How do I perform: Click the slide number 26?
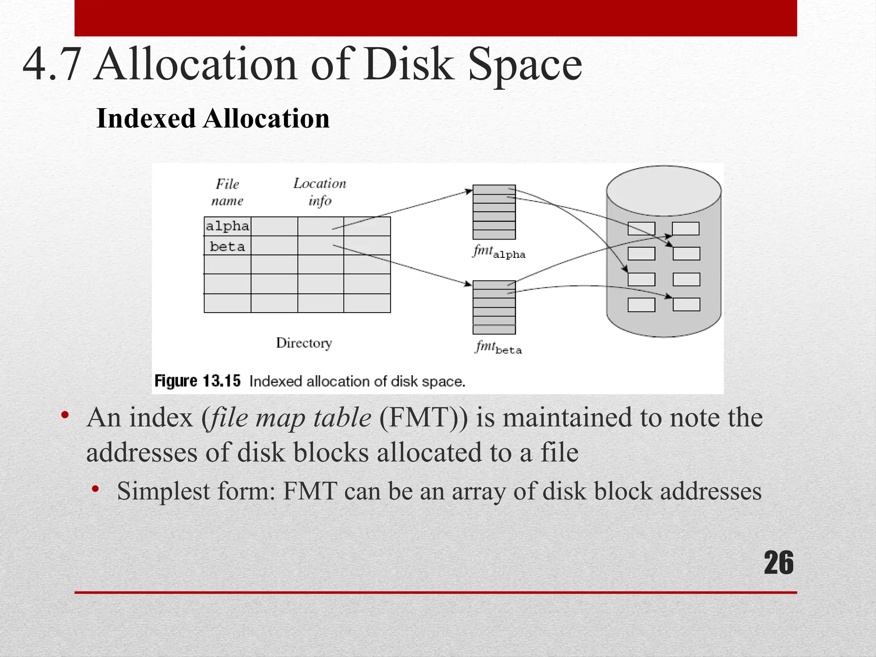point(778,563)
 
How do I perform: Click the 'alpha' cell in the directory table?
point(227,226)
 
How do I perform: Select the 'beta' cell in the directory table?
point(227,246)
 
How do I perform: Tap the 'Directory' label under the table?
point(304,343)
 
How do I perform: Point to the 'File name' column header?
point(227,192)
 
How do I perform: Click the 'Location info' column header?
point(320,192)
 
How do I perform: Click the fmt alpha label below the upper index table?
point(499,252)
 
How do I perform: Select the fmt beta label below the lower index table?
point(499,347)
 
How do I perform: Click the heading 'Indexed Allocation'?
point(213,118)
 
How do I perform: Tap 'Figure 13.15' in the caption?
point(198,381)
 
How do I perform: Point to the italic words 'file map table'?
point(292,417)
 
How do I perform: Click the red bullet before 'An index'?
point(65,415)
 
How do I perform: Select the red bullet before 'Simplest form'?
point(95,488)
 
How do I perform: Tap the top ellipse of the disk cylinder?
point(663,191)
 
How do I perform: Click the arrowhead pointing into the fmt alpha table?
point(469,191)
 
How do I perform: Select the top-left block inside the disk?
point(641,229)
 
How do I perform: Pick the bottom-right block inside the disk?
point(686,305)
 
